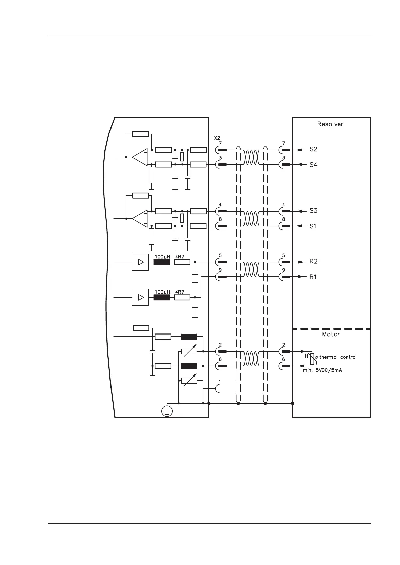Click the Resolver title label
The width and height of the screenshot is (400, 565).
[x=330, y=124]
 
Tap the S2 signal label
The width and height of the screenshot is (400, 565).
[x=313, y=149]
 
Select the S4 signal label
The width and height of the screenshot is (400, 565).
[x=313, y=165]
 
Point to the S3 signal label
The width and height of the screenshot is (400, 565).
[x=313, y=211]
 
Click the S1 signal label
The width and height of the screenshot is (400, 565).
[x=312, y=226]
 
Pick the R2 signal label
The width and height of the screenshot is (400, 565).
[x=313, y=261]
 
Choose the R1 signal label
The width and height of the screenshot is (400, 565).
[x=312, y=277]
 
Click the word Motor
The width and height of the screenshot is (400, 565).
[x=331, y=334]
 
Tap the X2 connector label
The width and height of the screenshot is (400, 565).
[x=217, y=138]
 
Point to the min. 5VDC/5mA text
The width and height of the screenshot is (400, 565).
[x=322, y=370]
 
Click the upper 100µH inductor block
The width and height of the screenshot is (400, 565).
[x=162, y=262]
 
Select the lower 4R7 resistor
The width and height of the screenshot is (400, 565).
[x=182, y=297]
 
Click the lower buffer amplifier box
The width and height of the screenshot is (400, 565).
[x=140, y=297]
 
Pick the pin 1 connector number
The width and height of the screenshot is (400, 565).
[x=220, y=382]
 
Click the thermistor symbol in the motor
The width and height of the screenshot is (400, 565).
[x=312, y=358]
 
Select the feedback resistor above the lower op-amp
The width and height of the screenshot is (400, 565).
[x=140, y=196]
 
